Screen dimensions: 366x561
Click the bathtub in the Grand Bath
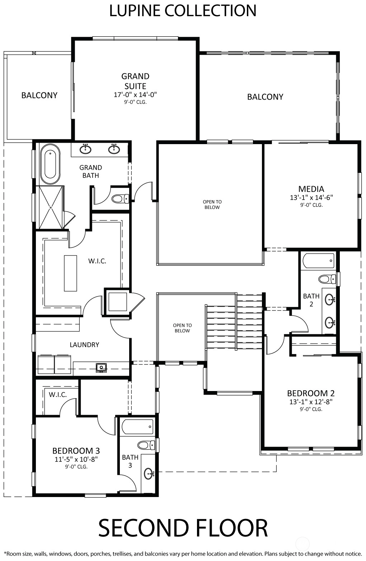coord(50,164)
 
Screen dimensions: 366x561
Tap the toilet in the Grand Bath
coord(120,199)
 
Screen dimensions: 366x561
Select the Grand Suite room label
coord(135,81)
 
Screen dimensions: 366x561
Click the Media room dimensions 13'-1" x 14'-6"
coord(311,197)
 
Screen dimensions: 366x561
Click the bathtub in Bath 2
coord(319,261)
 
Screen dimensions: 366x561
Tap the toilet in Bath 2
coord(327,279)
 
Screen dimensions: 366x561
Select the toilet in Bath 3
coord(146,445)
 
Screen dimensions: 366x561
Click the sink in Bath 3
coord(149,473)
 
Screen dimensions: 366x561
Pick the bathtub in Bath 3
coord(137,427)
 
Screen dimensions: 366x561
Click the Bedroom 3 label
coord(76,451)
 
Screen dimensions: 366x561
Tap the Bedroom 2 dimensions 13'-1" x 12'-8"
coord(311,402)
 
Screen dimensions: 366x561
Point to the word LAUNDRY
coord(84,345)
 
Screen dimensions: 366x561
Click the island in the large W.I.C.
coord(70,273)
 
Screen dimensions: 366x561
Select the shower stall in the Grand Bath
coord(51,207)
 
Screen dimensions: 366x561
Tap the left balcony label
coord(39,95)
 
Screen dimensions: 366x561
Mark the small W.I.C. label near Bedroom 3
coord(58,395)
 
